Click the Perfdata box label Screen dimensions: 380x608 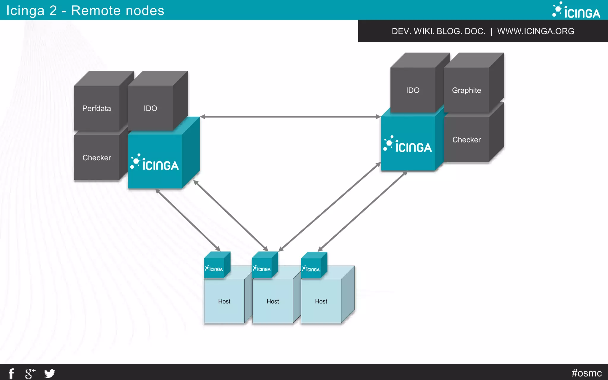[96, 108]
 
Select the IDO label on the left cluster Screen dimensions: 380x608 [150, 108]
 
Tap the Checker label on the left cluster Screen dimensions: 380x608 [96, 158]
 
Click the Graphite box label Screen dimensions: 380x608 [466, 90]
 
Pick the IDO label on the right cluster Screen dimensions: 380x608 [413, 90]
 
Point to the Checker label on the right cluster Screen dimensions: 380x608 [466, 140]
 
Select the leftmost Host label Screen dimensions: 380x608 [224, 301]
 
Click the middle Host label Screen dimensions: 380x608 [273, 301]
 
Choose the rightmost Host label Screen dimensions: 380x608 [321, 301]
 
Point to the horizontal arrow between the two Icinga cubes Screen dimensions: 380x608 [290, 117]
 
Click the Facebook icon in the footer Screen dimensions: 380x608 [11, 373]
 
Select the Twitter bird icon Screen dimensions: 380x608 [50, 373]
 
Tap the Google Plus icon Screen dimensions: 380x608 [30, 373]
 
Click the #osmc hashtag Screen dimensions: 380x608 [586, 373]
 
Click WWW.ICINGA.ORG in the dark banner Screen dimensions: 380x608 [536, 31]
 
